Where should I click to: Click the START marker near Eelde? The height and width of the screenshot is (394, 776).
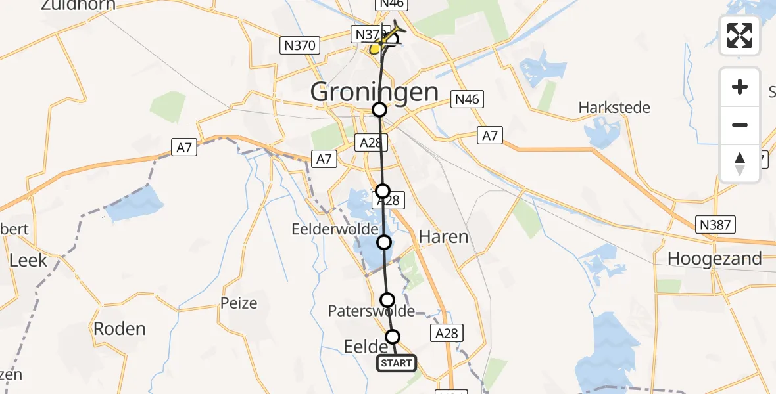(x=397, y=363)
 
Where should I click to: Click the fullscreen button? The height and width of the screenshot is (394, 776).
(x=740, y=35)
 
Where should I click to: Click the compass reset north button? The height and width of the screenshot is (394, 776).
(x=740, y=164)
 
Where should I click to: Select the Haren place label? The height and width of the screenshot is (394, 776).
(x=444, y=236)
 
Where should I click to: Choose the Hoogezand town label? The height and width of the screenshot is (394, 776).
(x=714, y=259)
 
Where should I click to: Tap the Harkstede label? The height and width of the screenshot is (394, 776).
(x=614, y=107)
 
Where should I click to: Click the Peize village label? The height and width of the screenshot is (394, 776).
(x=239, y=303)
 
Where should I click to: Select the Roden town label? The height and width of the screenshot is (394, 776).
(x=119, y=328)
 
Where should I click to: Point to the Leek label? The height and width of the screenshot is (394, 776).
(x=28, y=260)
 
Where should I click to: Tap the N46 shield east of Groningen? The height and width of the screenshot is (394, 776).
(x=467, y=100)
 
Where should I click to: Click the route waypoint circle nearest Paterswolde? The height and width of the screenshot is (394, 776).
(x=387, y=300)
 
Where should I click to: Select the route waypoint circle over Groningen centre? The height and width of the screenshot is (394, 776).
(x=379, y=110)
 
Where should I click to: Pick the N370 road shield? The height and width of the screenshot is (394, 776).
(x=300, y=45)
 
